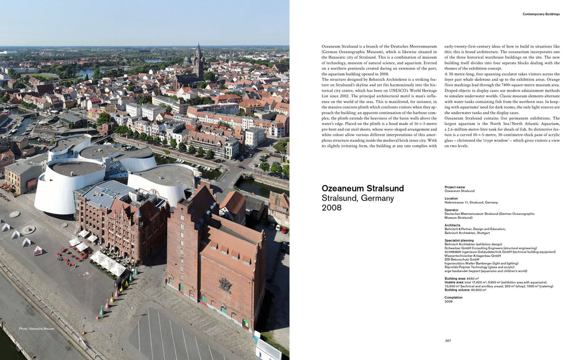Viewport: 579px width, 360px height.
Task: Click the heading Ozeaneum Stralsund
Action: [362, 188]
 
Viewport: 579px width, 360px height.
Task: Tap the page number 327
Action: [448, 340]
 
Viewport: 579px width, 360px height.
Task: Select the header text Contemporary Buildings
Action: [541, 14]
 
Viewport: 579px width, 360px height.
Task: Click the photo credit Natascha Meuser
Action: [37, 328]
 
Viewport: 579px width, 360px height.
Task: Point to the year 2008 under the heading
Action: [331, 208]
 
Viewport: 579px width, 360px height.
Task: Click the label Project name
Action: [455, 187]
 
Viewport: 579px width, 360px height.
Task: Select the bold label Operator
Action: [452, 210]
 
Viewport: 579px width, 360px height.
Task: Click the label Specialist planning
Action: [459, 240]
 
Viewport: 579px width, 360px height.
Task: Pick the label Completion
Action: [453, 297]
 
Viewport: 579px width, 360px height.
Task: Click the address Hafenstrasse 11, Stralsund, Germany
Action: [471, 202]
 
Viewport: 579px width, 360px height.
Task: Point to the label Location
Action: [451, 198]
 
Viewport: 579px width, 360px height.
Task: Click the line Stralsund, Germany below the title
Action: [357, 198]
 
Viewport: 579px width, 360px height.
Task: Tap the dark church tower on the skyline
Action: [197, 60]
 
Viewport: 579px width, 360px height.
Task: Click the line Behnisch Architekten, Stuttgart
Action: [467, 232]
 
